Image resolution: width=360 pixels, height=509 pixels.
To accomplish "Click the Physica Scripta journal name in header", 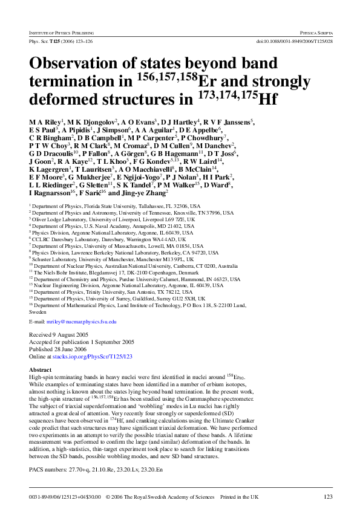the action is click(x=314, y=30).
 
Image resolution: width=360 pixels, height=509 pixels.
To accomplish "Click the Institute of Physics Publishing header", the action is click(x=62, y=30).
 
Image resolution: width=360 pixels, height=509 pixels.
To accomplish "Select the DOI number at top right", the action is click(x=294, y=41).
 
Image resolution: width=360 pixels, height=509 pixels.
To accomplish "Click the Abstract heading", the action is click(x=41, y=369).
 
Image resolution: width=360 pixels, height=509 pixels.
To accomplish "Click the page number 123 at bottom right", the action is click(x=327, y=496).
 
